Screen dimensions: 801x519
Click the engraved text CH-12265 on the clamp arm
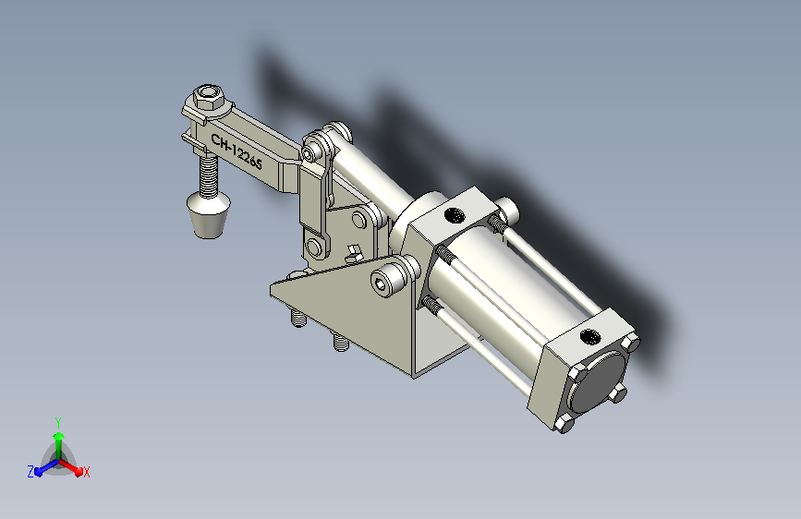(x=237, y=151)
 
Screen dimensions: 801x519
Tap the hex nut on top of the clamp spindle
(x=209, y=98)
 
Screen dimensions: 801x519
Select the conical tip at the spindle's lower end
(x=209, y=214)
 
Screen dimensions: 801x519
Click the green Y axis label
(x=58, y=422)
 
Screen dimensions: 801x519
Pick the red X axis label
(x=86, y=473)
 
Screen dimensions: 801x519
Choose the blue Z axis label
(x=30, y=472)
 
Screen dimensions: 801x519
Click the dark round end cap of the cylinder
(x=598, y=381)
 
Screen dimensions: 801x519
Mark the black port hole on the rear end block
(x=590, y=336)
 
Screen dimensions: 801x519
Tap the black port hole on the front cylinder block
(x=453, y=215)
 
